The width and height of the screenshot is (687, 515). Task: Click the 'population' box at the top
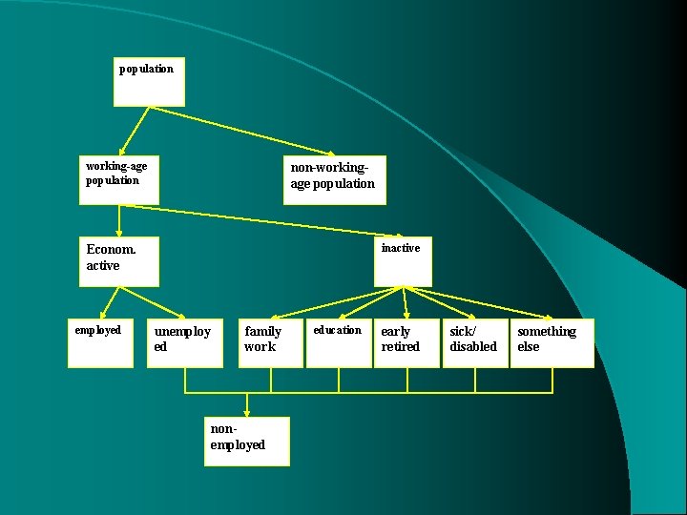149,82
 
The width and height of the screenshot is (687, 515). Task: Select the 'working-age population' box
119,179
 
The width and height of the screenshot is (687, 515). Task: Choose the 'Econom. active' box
119,260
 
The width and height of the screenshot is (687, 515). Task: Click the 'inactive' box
403,260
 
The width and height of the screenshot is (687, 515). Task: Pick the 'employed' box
100,342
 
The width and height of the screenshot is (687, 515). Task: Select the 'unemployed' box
185,342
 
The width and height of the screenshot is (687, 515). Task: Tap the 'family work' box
270,342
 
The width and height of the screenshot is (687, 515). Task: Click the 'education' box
338,342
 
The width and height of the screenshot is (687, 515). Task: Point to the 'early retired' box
406,342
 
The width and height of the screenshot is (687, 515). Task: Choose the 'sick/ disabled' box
474,342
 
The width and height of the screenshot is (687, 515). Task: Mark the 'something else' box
552,342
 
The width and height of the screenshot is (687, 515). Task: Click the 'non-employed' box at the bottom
247,441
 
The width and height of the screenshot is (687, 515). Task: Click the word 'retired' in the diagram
401,347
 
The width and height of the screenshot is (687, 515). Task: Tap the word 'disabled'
473,347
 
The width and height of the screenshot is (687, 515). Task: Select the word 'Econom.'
111,250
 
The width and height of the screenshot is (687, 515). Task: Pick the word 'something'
547,332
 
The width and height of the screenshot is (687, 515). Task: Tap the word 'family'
262,332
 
